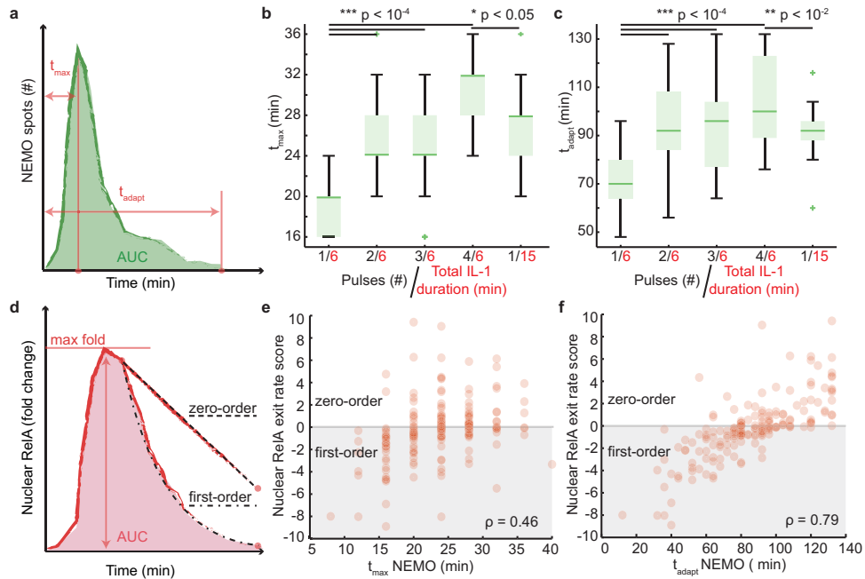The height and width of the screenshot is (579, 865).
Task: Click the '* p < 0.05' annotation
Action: tap(503, 14)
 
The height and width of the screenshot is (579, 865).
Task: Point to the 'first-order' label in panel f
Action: tap(638, 452)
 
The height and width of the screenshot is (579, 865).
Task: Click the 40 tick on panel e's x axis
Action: tap(551, 549)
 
